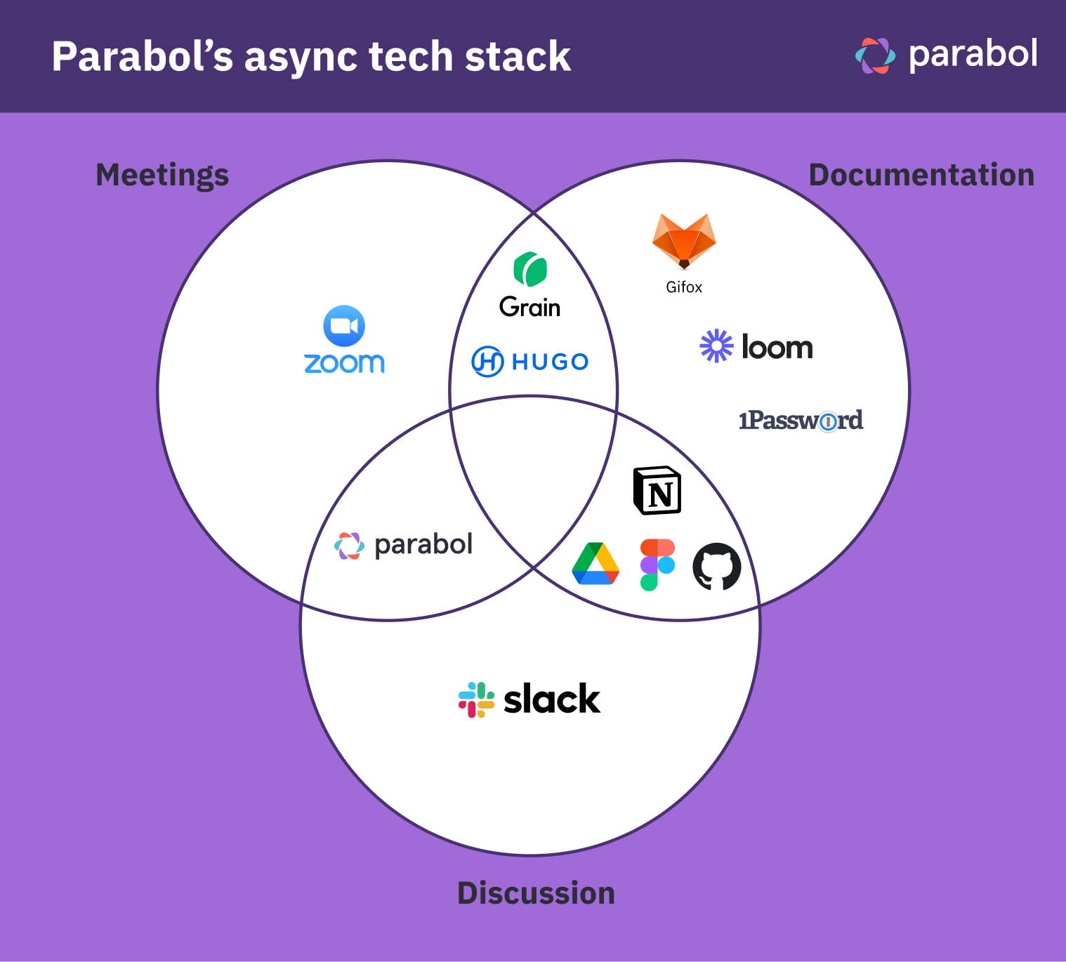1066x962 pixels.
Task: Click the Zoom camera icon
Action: tap(344, 326)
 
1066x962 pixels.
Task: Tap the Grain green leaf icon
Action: tap(530, 270)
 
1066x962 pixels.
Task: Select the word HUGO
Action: tap(550, 362)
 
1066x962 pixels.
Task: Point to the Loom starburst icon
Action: tap(716, 346)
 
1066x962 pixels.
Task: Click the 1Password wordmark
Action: tap(801, 421)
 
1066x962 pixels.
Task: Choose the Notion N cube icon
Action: tap(657, 491)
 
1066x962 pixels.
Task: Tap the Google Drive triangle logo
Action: tap(595, 564)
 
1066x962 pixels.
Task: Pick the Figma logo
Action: tap(657, 565)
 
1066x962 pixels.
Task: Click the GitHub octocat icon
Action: tap(717, 566)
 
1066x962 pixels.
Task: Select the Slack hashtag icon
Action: tap(476, 699)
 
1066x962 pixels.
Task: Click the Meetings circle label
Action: tap(162, 175)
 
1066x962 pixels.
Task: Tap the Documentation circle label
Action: tap(921, 175)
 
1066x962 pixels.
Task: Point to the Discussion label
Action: tap(536, 893)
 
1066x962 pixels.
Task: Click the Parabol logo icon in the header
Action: tap(875, 55)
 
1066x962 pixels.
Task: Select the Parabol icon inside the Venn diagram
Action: tap(349, 546)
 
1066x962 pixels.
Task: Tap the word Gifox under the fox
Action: tap(684, 287)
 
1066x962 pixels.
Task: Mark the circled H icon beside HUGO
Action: tap(487, 362)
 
